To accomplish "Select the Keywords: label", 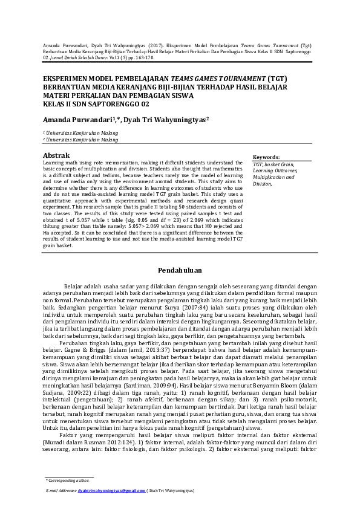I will point(266,157).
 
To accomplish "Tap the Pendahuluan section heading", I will point(180,270).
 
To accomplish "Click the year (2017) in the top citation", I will point(155,46).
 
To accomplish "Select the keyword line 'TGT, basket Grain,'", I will point(273,164).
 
